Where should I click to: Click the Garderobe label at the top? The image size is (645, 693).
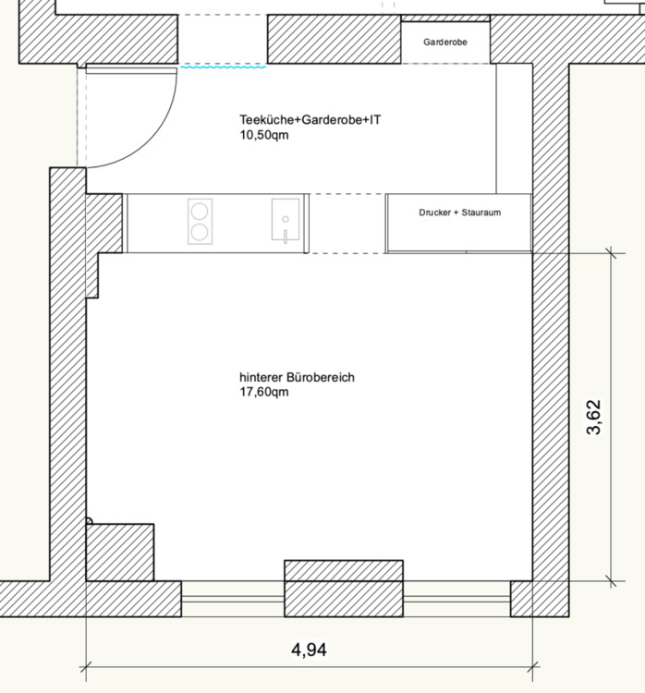click(x=445, y=43)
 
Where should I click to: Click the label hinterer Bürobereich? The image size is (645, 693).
click(x=298, y=377)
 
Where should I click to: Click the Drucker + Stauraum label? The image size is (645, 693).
click(x=459, y=213)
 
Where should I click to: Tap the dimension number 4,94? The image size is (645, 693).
click(x=309, y=650)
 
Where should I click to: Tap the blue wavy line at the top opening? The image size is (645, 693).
click(x=223, y=67)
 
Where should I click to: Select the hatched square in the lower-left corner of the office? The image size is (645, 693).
click(x=119, y=552)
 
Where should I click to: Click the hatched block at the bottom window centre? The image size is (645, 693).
click(x=343, y=571)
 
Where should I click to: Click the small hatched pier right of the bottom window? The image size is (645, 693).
click(x=521, y=599)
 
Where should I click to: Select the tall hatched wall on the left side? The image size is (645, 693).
click(x=67, y=370)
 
